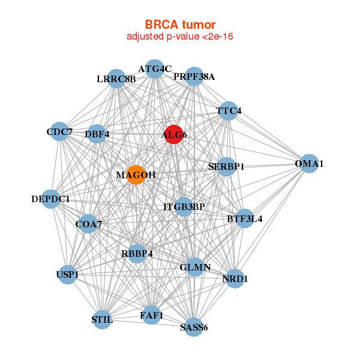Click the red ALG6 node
tap(173, 134)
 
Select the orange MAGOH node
tap(136, 175)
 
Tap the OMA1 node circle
tap(309, 164)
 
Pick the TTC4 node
tap(228, 112)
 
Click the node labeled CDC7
tap(59, 131)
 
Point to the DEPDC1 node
tap(51, 199)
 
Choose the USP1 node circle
tap(67, 275)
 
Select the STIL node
tap(103, 319)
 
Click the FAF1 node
tap(151, 315)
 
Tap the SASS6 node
tap(193, 327)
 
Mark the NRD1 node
tap(235, 278)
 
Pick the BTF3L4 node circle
tap(244, 218)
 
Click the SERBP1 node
tap(226, 166)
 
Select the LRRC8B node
tap(116, 79)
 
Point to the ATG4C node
tap(155, 68)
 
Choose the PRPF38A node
tap(194, 77)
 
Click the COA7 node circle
tap(88, 224)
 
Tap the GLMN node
tap(195, 267)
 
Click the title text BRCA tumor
tap(180, 25)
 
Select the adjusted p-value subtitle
tap(180, 37)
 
